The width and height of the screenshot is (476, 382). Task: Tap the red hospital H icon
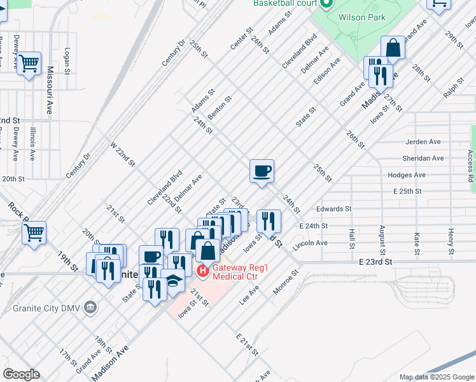(x=202, y=271)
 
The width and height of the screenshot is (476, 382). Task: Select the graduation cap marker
(x=172, y=281)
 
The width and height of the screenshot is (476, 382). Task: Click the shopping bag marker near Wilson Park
(x=393, y=48)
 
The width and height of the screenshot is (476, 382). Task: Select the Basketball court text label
(x=285, y=3)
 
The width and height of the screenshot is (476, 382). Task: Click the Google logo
(x=21, y=374)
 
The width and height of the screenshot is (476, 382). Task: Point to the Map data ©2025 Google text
(x=436, y=377)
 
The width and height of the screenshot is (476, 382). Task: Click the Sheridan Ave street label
(x=423, y=158)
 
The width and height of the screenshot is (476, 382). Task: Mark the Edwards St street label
(x=333, y=208)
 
